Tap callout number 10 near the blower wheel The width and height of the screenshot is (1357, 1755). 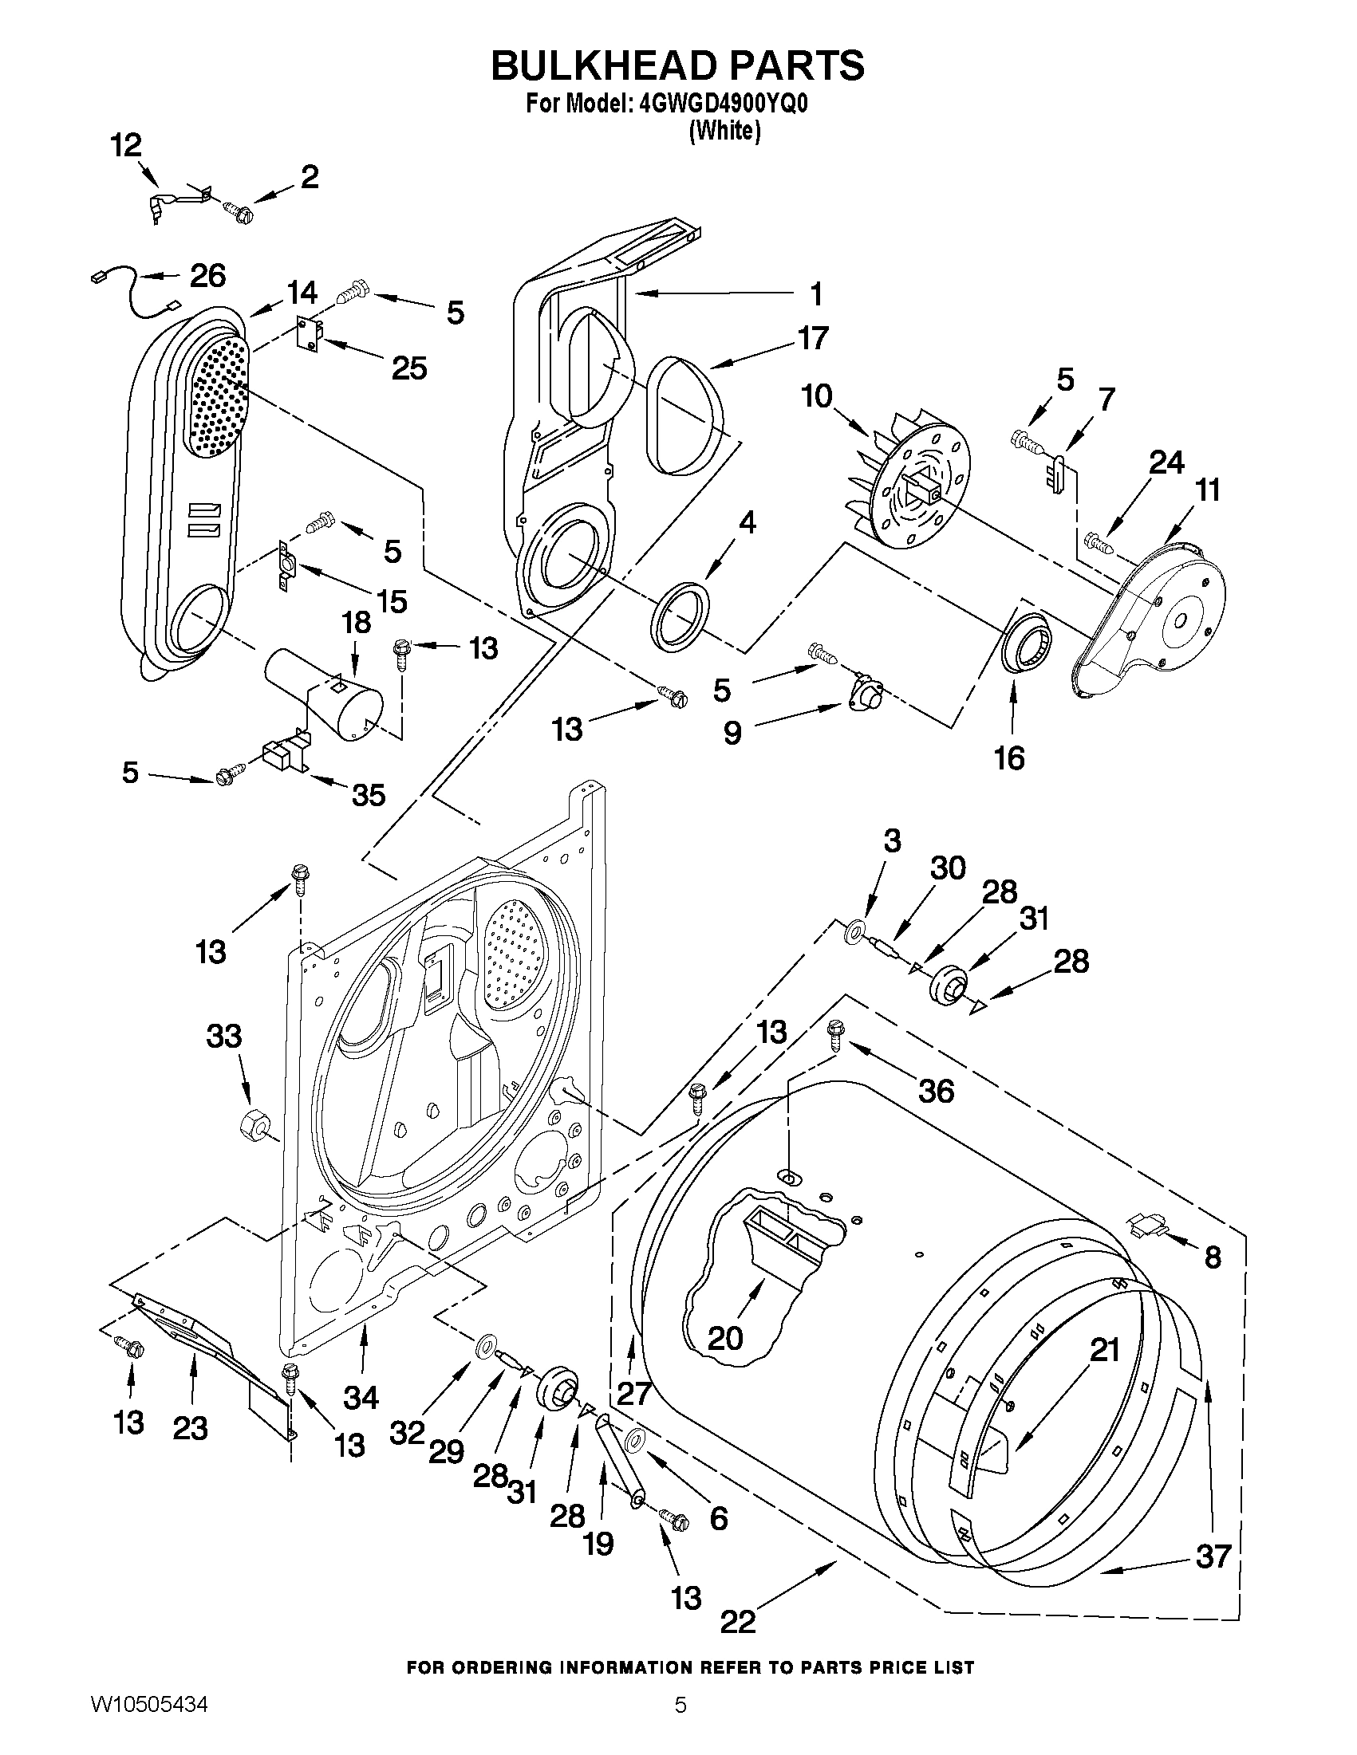pyautogui.click(x=817, y=396)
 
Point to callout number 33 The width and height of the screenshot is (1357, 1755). pyautogui.click(x=223, y=1036)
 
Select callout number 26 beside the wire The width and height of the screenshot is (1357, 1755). pyautogui.click(x=207, y=276)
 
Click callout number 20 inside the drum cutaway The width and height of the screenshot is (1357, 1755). pyautogui.click(x=725, y=1338)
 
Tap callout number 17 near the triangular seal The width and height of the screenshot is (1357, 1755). pyautogui.click(x=812, y=338)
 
